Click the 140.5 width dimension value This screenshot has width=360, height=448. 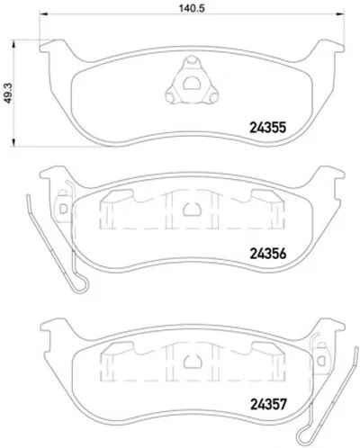(192, 8)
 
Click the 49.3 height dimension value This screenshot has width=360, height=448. (8, 93)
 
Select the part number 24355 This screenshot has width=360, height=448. (268, 128)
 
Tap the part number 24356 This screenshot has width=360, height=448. (268, 254)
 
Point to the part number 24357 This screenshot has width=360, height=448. (268, 405)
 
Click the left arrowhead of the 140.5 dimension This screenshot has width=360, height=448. (44, 13)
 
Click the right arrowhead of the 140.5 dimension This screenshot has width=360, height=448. (339, 13)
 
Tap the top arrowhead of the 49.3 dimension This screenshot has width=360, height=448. (13, 44)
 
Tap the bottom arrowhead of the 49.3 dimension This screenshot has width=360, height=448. (13, 143)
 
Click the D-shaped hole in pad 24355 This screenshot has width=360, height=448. (192, 84)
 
